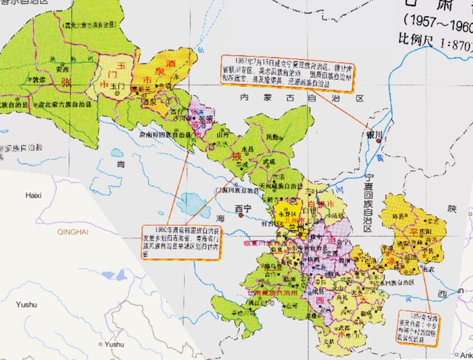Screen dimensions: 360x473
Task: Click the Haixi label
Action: click(x=33, y=195)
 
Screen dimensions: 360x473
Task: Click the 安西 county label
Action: click(x=62, y=68)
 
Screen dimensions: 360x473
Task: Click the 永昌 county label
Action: click(x=247, y=150)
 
